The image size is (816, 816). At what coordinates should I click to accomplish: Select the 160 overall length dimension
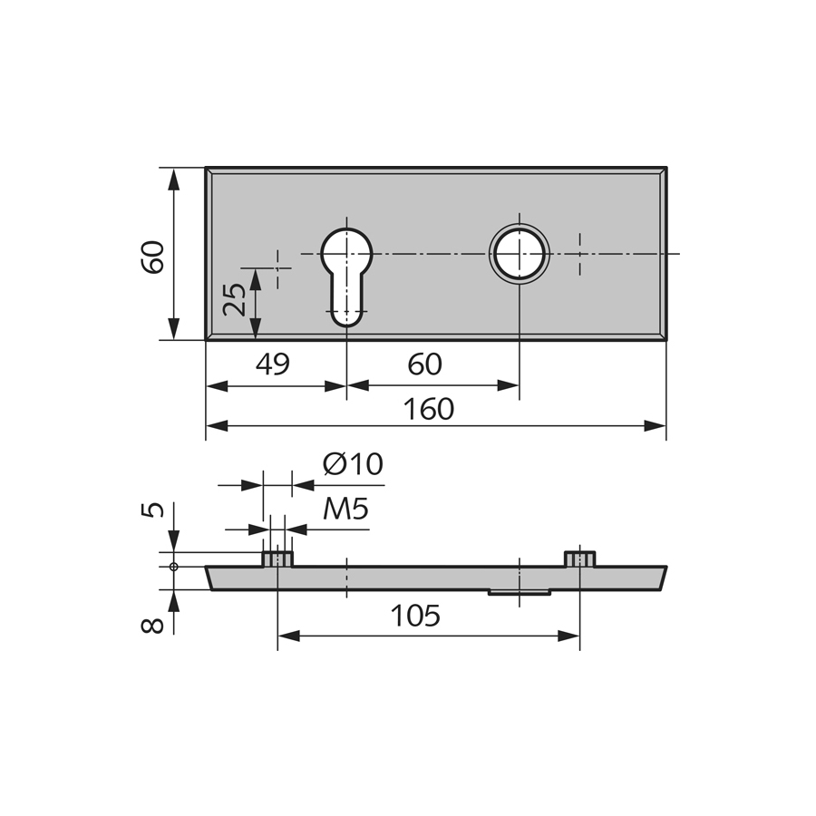429,409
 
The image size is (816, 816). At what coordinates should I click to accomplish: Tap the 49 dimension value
273,364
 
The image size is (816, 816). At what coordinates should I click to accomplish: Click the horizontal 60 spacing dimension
424,364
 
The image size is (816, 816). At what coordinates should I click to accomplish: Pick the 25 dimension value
234,300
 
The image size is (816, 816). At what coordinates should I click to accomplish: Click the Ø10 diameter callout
353,463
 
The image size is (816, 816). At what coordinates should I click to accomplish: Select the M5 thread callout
345,509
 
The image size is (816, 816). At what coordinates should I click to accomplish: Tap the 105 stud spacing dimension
415,616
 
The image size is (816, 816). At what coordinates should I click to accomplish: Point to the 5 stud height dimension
153,510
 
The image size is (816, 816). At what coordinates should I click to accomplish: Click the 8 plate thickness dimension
153,626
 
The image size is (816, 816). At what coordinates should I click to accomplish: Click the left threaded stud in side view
277,559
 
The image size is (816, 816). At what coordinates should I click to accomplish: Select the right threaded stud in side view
579,559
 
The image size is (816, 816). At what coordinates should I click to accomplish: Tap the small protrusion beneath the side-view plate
519,592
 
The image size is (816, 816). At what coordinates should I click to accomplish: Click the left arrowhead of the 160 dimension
217,426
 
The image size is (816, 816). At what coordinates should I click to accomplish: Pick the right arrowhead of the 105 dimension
568,636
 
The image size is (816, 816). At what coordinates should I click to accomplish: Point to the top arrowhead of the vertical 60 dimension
174,179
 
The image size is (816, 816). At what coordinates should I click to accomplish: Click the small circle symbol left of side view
174,567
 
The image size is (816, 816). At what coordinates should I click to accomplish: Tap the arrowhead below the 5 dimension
174,541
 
